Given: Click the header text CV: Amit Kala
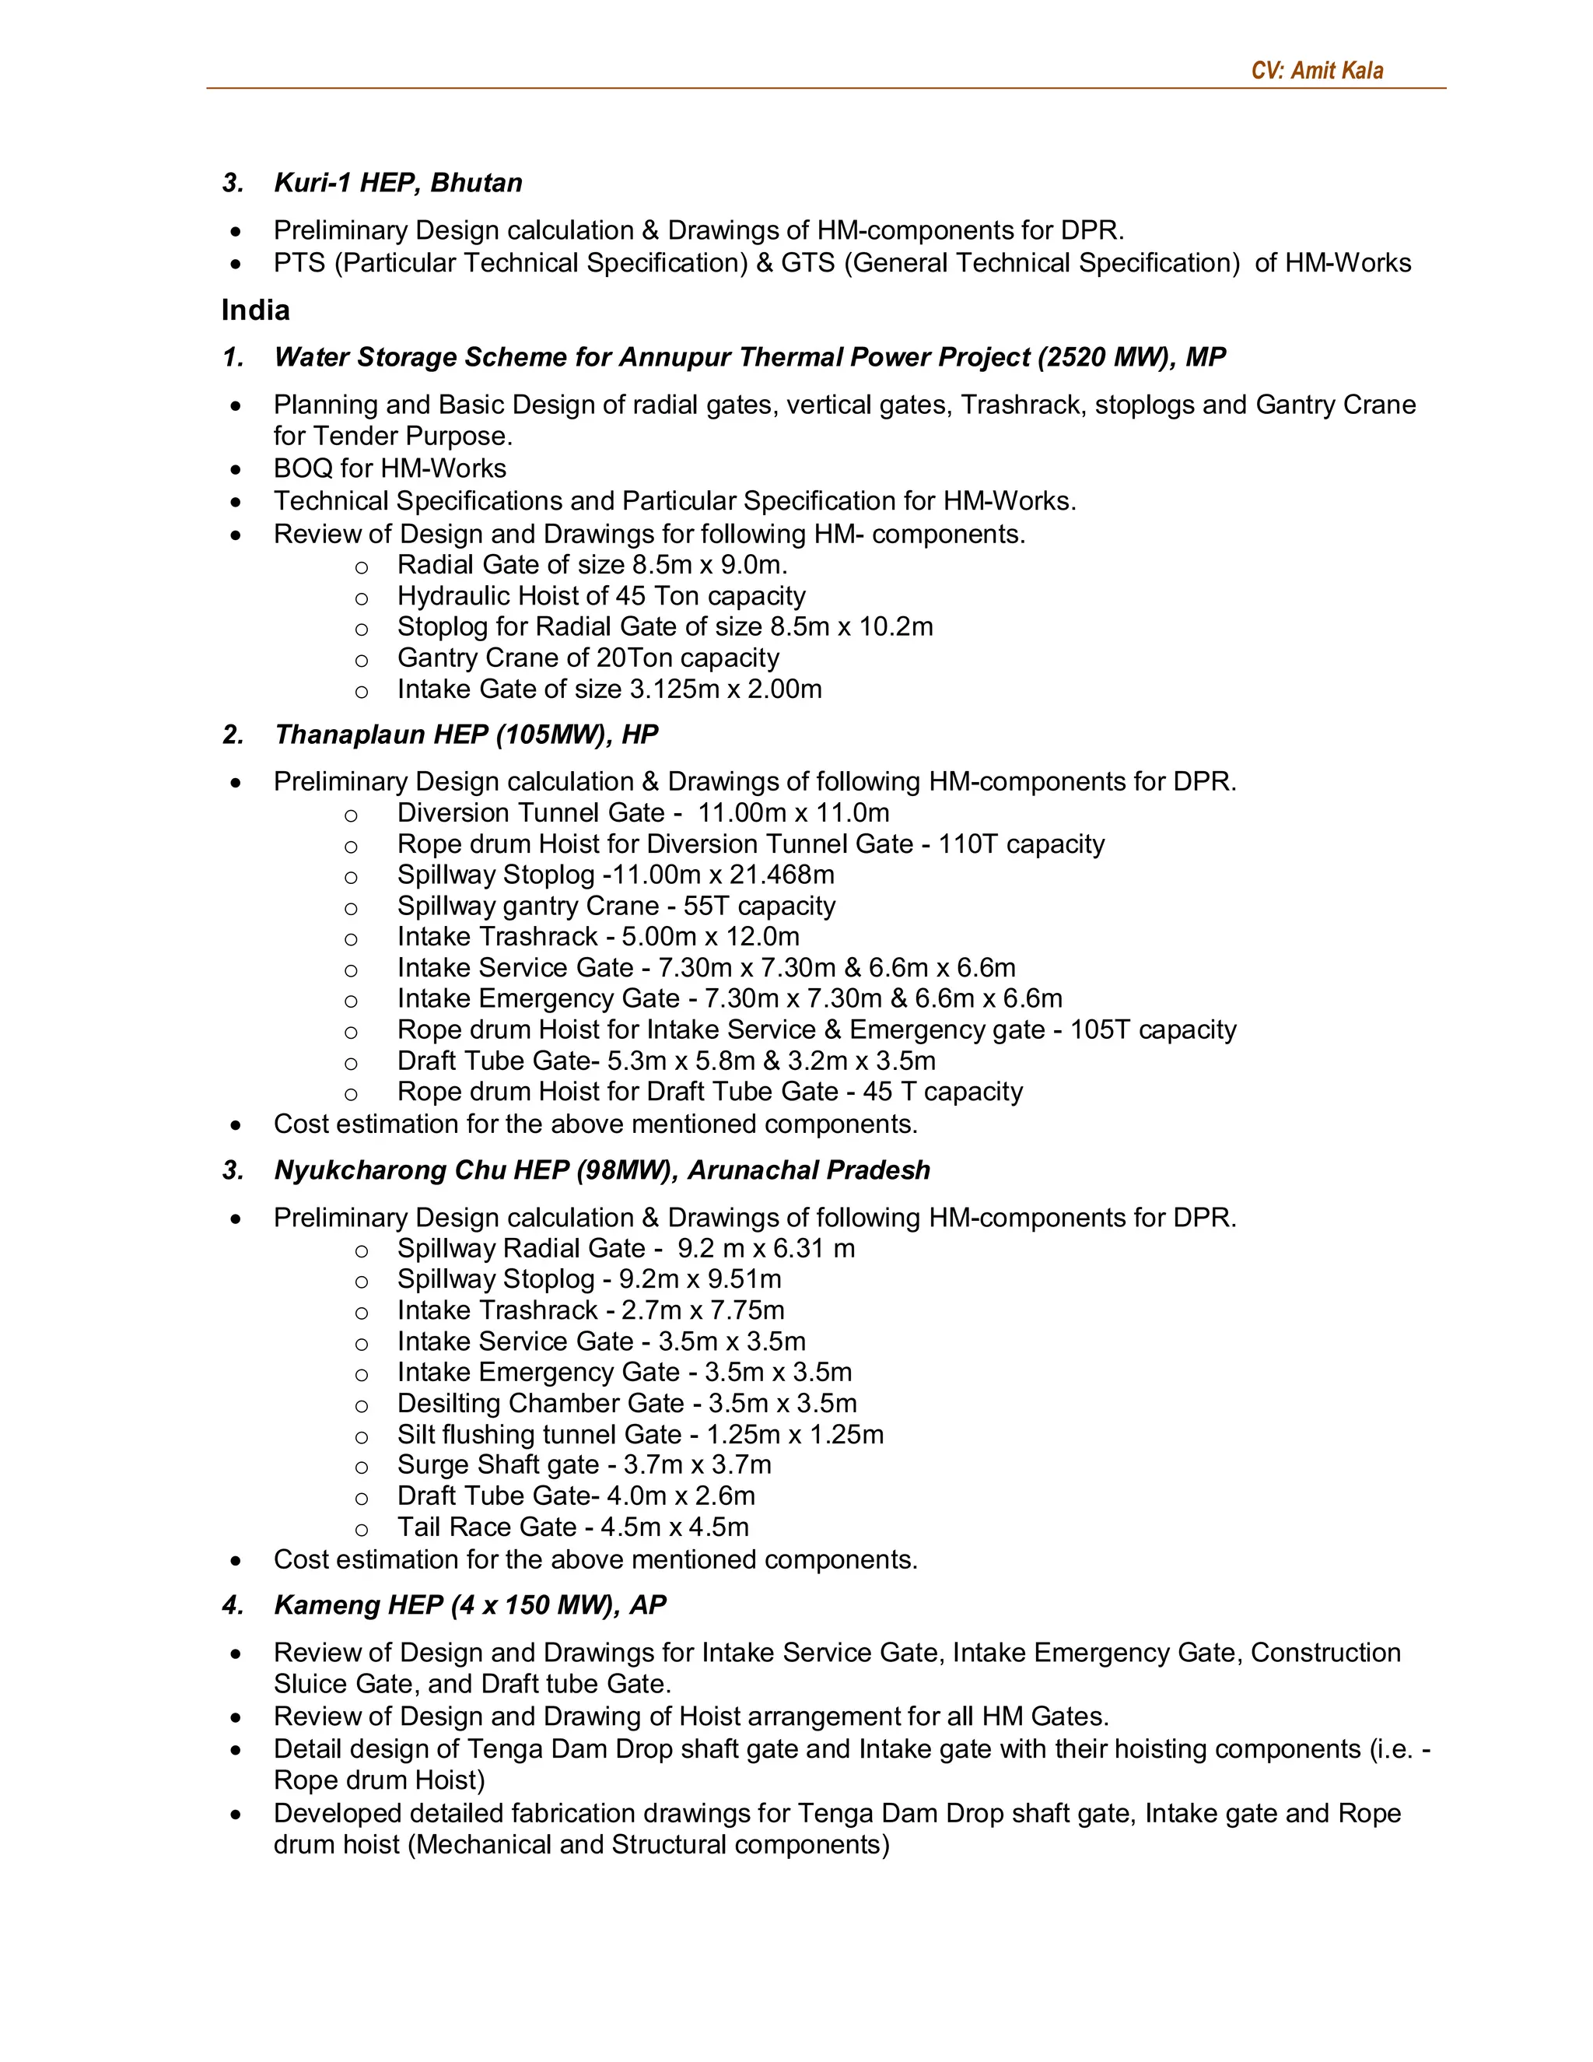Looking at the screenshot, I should click(x=1317, y=71).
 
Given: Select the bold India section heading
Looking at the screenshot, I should click(x=256, y=310).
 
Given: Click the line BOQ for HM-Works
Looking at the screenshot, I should click(x=390, y=468).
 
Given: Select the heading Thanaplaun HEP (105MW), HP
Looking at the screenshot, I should click(x=465, y=735).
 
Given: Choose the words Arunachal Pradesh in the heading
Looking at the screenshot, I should click(x=808, y=1171).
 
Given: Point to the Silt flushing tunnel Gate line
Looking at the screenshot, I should click(x=640, y=1435).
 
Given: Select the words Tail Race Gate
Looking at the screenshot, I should click(x=486, y=1527).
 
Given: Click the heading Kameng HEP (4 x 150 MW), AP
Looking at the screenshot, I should click(x=470, y=1606).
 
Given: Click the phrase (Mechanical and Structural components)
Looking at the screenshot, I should click(x=649, y=1845).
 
